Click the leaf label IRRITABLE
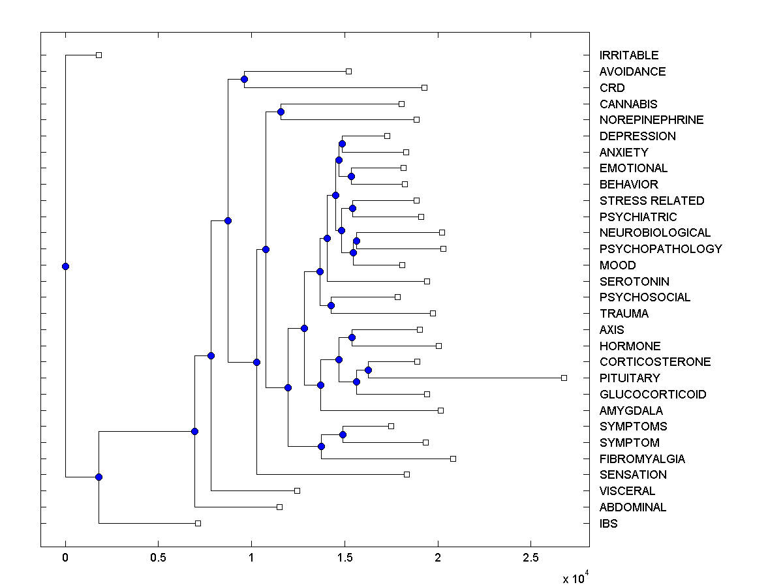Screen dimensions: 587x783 (629, 55)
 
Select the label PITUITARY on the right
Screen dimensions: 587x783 (630, 378)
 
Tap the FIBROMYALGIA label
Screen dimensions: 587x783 (642, 459)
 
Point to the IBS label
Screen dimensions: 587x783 (608, 524)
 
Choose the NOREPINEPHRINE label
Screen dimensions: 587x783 (651, 120)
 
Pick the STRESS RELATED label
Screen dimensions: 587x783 (652, 201)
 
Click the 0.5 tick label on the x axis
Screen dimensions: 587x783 (158, 558)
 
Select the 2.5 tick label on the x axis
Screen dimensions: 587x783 (530, 558)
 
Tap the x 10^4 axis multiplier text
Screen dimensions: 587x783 (576, 577)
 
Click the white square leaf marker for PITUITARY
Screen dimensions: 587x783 (564, 378)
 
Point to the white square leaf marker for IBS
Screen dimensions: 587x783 (198, 523)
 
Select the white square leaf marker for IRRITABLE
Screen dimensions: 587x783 (99, 55)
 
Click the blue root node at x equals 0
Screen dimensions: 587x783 (65, 266)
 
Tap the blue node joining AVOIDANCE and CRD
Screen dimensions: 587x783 (244, 79)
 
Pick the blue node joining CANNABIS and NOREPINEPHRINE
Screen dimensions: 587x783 (281, 112)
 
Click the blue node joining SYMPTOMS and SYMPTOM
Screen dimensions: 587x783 (343, 434)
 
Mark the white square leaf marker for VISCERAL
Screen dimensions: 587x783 (297, 490)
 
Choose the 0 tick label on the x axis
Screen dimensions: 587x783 (65, 558)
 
